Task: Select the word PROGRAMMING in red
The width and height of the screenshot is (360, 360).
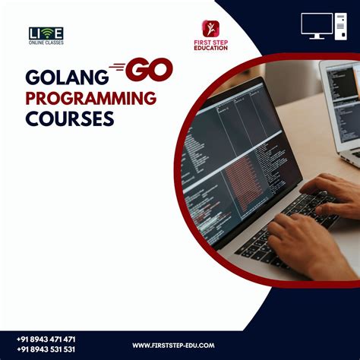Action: coord(91,98)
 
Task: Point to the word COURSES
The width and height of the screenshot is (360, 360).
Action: coord(70,118)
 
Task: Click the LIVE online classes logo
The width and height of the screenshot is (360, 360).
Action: coord(46,36)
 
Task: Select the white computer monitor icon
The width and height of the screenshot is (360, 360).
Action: coord(317,25)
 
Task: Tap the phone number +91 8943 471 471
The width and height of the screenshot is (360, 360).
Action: coord(46,339)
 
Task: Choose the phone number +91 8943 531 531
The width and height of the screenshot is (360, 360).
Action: coord(46,349)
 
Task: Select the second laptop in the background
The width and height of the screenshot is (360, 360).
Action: coord(340,106)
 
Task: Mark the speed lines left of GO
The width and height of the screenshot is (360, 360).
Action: coord(117,68)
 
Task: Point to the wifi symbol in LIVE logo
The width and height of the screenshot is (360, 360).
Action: coord(47,32)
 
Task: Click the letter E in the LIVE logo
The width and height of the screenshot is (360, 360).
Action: coord(58,33)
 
